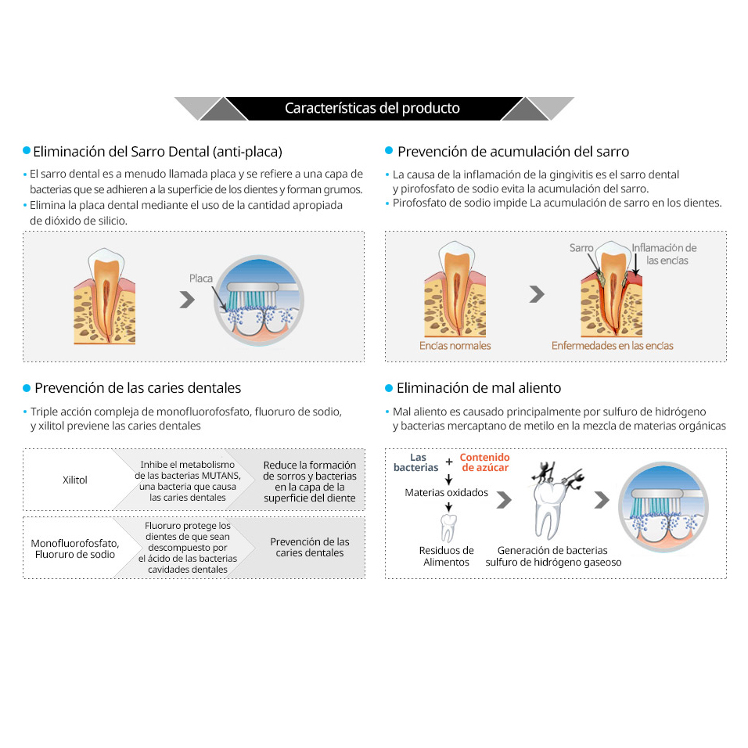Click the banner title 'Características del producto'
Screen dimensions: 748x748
(372, 108)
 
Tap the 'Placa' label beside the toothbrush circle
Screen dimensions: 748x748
(201, 278)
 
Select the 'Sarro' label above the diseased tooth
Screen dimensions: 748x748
(581, 247)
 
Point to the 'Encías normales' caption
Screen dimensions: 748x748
(455, 345)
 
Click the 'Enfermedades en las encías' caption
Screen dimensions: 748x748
(612, 345)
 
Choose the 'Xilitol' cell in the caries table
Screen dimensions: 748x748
(75, 480)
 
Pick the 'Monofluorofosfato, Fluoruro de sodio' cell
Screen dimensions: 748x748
(75, 548)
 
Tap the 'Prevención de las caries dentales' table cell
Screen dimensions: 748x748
(310, 547)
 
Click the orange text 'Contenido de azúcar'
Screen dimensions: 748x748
(484, 462)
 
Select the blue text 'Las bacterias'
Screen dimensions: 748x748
(416, 462)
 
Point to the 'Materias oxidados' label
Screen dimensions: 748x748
(447, 492)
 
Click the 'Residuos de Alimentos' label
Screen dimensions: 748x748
(447, 556)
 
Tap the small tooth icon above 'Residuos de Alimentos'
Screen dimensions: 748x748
(448, 527)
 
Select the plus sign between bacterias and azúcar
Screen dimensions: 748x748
(449, 462)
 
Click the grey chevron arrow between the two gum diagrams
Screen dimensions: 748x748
(537, 294)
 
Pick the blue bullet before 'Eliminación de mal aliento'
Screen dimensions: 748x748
(389, 388)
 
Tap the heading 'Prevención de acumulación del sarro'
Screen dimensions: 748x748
(513, 152)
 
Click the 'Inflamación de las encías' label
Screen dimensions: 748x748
(664, 254)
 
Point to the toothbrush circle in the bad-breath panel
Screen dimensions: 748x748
(663, 507)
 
